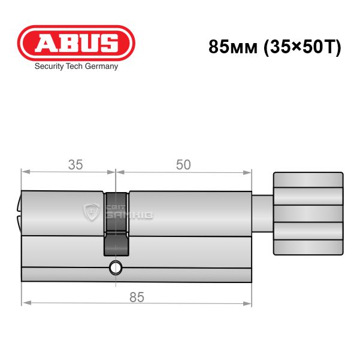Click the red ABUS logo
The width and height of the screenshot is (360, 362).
pyautogui.click(x=76, y=43)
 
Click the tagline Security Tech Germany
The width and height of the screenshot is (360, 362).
pyautogui.click(x=76, y=66)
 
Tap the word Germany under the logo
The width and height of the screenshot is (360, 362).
pyautogui.click(x=101, y=66)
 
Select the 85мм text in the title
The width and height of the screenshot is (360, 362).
pyautogui.click(x=233, y=47)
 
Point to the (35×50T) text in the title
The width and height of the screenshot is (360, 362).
pyautogui.click(x=302, y=47)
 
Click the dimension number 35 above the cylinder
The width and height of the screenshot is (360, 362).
pyautogui.click(x=75, y=165)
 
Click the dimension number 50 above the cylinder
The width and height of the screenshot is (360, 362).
pyautogui.click(x=183, y=165)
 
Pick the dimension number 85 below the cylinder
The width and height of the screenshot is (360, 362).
pyautogui.click(x=137, y=297)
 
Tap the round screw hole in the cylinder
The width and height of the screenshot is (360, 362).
pyautogui.click(x=116, y=268)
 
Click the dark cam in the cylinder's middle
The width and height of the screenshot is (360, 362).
pyautogui.click(x=116, y=224)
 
